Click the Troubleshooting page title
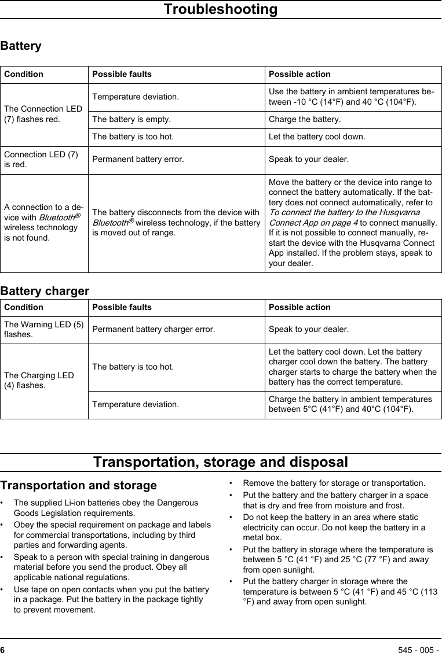click(220, 10)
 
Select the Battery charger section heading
click(45, 291)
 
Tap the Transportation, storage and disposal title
click(221, 463)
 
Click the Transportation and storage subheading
click(78, 485)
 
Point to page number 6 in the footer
click(3, 648)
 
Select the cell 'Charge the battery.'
click(305, 120)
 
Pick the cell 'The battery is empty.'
click(131, 120)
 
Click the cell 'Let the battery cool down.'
click(317, 137)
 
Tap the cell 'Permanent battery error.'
click(138, 159)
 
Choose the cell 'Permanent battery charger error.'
click(154, 330)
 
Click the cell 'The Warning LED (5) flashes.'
click(43, 329)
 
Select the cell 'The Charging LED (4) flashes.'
click(39, 380)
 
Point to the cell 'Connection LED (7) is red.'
click(41, 159)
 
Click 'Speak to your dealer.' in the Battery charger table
click(309, 330)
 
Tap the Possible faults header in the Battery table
click(122, 74)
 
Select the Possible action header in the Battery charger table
click(299, 307)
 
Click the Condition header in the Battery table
click(24, 74)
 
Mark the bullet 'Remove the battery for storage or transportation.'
click(334, 483)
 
